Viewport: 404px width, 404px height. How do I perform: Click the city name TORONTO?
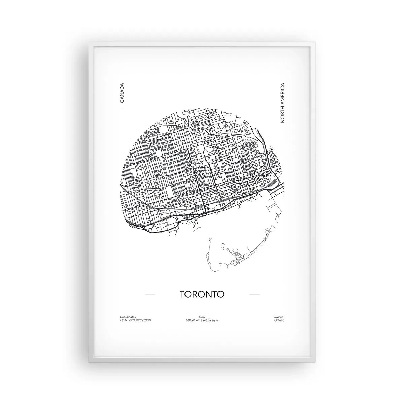point(202,294)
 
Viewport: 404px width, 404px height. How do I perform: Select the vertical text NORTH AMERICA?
point(282,103)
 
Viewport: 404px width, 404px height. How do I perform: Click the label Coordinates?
point(128,317)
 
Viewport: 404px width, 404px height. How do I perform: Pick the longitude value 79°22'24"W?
point(143,320)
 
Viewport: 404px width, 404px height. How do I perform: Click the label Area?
point(202,317)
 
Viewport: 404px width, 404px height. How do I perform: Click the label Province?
point(278,317)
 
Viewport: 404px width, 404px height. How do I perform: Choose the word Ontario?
point(279,320)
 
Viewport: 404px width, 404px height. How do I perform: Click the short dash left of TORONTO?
point(149,294)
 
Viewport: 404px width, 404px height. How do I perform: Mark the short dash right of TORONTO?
point(255,294)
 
